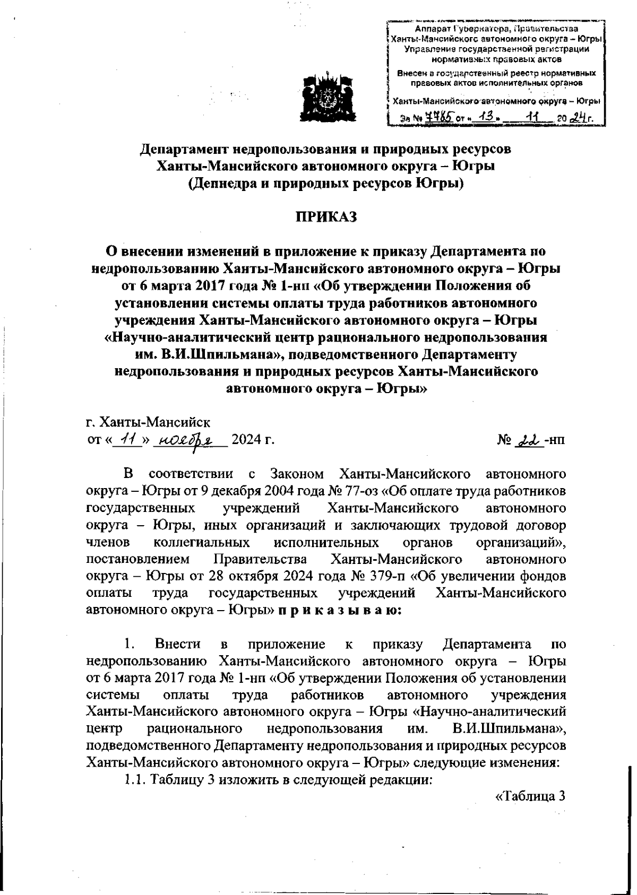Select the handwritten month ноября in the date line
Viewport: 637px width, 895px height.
[x=188, y=440]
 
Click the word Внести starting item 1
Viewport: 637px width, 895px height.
[x=178, y=645]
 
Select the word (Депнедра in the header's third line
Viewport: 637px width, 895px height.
[x=224, y=184]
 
